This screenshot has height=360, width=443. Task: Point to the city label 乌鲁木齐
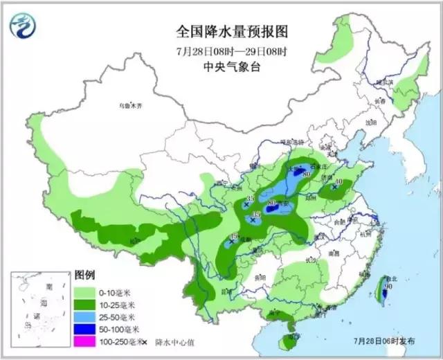(x=129, y=107)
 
